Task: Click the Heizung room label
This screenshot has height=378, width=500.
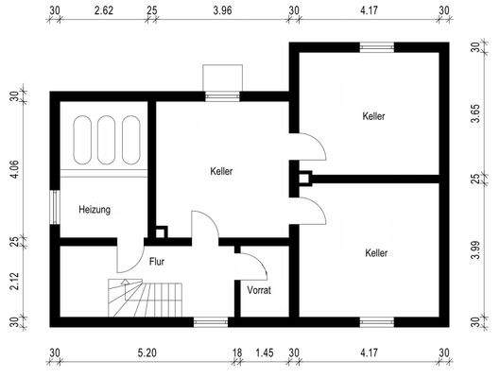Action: click(95, 210)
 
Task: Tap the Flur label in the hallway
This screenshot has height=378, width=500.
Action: click(158, 262)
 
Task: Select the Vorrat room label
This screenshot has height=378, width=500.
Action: click(259, 290)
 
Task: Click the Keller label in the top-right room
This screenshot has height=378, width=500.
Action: click(375, 116)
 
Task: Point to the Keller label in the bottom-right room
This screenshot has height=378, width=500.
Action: click(376, 253)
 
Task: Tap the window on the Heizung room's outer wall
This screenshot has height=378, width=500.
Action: click(54, 208)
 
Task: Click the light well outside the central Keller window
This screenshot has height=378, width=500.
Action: click(224, 77)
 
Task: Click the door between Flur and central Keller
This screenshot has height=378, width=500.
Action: click(204, 230)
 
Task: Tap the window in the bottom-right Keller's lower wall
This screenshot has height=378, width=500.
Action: click(375, 322)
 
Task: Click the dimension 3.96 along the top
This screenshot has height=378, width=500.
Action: click(222, 11)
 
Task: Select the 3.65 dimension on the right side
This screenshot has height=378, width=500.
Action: click(474, 109)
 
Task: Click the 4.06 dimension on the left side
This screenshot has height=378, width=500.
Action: click(14, 169)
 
